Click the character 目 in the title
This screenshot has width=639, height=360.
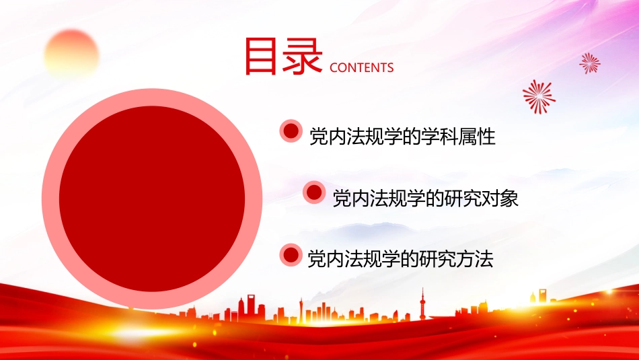261,57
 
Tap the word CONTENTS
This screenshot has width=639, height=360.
361,68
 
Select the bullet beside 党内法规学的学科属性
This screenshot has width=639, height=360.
291,131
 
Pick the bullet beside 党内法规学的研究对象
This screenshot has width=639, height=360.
314,193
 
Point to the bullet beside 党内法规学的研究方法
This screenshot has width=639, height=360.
291,255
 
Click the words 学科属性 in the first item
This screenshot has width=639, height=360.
459,137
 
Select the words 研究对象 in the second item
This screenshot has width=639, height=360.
482,199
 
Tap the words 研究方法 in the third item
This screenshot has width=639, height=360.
457,259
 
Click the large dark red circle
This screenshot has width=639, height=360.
151,199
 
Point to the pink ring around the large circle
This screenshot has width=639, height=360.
50,199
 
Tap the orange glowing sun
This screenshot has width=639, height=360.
71,54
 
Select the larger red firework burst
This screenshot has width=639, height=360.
539,96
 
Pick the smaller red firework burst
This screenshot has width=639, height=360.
590,63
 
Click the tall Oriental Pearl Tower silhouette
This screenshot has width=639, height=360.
422,305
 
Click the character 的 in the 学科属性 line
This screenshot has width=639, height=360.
412,137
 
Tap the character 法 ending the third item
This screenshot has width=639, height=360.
484,259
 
